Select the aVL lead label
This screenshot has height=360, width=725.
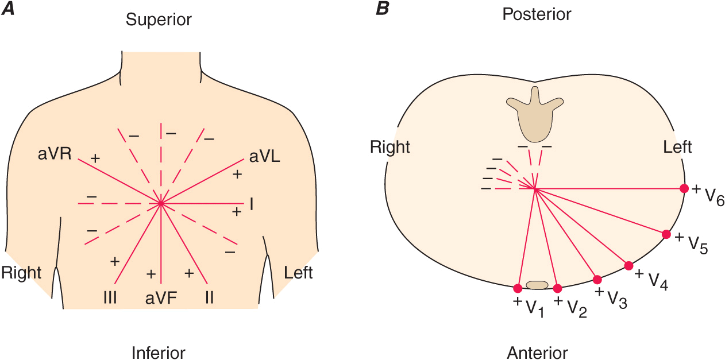[264, 157]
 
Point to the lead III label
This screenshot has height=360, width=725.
[111, 298]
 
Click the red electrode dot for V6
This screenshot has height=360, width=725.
[684, 188]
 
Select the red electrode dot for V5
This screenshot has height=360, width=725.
[666, 234]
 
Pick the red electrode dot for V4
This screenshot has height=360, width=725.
[628, 265]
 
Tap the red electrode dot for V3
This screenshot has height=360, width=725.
[597, 280]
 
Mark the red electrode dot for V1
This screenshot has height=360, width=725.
[518, 288]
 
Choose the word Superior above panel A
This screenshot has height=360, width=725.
[159, 20]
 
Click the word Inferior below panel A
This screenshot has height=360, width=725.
[159, 352]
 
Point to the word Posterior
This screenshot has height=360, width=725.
[537, 14]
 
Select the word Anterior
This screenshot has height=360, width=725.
[537, 352]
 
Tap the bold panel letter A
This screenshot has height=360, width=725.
[7, 8]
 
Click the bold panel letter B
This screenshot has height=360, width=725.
[381, 8]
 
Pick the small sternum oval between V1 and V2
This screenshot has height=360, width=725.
[537, 285]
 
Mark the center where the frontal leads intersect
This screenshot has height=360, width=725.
[161, 203]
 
